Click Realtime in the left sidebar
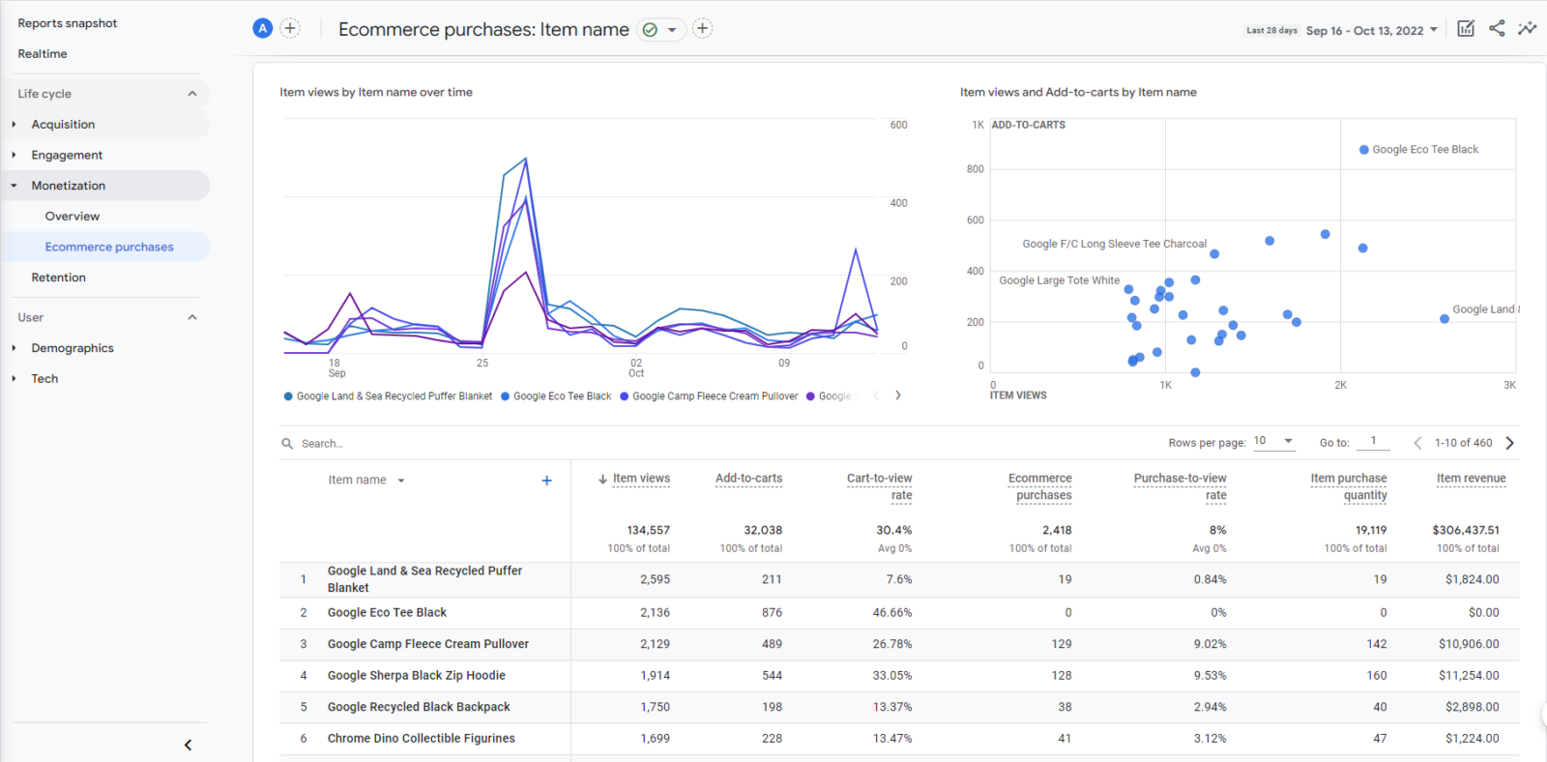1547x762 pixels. [x=43, y=54]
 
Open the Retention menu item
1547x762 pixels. [x=58, y=278]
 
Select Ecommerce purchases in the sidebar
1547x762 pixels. [x=109, y=247]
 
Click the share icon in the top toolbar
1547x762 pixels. [x=1497, y=28]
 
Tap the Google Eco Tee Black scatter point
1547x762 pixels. [x=1363, y=150]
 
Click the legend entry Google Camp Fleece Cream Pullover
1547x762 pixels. [x=715, y=396]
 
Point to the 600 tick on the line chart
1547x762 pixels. [x=898, y=125]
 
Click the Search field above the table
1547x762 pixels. [x=387, y=444]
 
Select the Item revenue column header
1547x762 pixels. [x=1471, y=479]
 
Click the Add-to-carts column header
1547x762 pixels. [x=748, y=479]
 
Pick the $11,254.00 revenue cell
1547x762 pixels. [x=1468, y=676]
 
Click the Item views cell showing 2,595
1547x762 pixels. [x=655, y=580]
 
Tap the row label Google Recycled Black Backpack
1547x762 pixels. [x=419, y=707]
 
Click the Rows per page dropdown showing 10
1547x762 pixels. [x=1273, y=441]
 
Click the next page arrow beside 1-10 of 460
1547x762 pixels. [x=1509, y=443]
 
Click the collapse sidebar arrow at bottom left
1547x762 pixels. [x=188, y=745]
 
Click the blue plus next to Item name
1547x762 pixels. [x=546, y=481]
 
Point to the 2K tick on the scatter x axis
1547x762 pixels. [x=1340, y=385]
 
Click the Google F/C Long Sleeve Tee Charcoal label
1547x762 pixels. [x=1114, y=244]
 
